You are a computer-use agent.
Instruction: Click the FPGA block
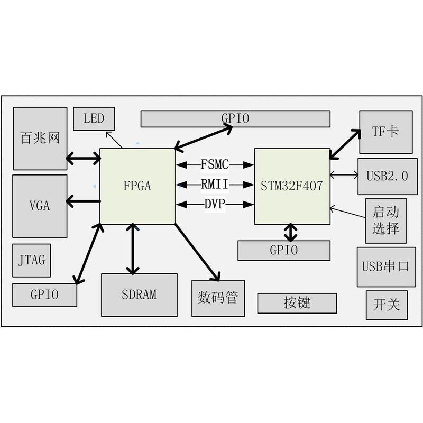pyautogui.click(x=137, y=186)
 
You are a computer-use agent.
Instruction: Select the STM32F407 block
pyautogui.click(x=292, y=186)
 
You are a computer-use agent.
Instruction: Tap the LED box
pyautogui.click(x=94, y=118)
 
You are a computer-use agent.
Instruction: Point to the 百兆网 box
pyautogui.click(x=40, y=139)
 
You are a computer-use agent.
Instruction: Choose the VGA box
pyautogui.click(x=40, y=206)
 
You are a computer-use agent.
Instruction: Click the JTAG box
pyautogui.click(x=32, y=260)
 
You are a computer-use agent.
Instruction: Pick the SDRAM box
pyautogui.click(x=139, y=295)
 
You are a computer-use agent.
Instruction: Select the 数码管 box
pyautogui.click(x=218, y=298)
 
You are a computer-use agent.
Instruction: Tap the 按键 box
pyautogui.click(x=297, y=303)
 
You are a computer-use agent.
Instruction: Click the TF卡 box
pyautogui.click(x=385, y=132)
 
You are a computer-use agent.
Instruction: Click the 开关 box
pyautogui.click(x=387, y=305)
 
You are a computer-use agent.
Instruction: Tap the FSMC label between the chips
pyautogui.click(x=215, y=164)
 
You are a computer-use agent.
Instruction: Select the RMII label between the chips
pyautogui.click(x=215, y=185)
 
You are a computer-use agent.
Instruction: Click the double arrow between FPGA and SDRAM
pyautogui.click(x=131, y=249)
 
